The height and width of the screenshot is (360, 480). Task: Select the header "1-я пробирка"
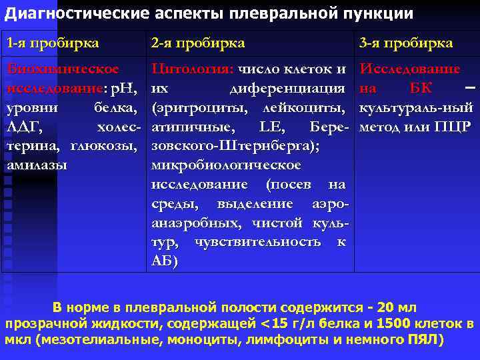click(x=53, y=43)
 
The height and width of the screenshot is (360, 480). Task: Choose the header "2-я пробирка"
click(x=198, y=43)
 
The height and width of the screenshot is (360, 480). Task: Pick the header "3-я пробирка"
click(x=406, y=43)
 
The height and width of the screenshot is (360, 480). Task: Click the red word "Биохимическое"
click(x=63, y=69)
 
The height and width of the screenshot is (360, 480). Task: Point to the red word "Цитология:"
click(x=191, y=69)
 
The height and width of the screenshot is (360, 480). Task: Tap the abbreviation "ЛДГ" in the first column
click(x=24, y=127)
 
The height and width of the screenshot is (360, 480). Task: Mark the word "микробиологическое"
click(x=225, y=165)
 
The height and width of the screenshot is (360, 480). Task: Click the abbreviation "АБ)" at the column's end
click(x=165, y=261)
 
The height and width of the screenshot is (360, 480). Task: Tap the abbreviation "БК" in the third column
click(x=422, y=88)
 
